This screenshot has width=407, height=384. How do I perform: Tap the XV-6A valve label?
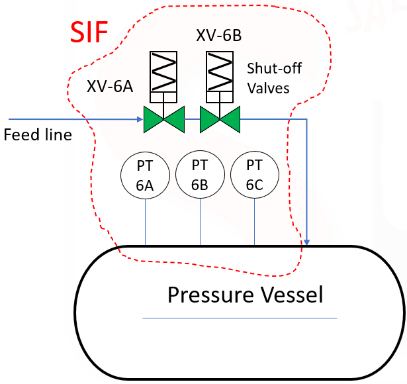[109, 86]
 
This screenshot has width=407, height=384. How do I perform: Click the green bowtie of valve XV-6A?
[165, 120]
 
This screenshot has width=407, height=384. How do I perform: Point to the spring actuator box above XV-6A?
[165, 72]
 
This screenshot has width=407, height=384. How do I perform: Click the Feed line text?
[38, 135]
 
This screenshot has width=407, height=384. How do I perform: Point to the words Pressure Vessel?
[245, 294]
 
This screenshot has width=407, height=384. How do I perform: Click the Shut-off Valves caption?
[269, 77]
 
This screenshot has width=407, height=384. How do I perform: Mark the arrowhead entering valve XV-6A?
[139, 120]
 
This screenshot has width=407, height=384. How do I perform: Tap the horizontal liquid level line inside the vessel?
[240, 318]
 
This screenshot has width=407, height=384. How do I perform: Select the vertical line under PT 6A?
[145, 222]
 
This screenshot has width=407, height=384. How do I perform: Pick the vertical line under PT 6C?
[255, 222]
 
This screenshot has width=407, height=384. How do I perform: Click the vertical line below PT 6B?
[200, 222]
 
